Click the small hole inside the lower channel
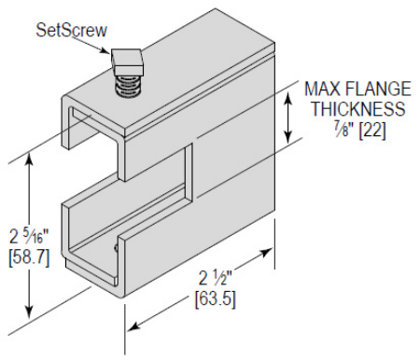pos(115,247)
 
